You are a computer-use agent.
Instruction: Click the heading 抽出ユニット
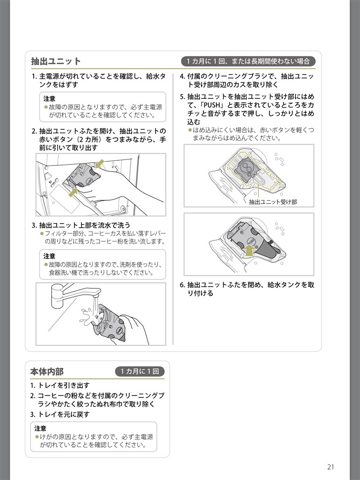coord(56,61)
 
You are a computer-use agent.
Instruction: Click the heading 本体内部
coord(47,372)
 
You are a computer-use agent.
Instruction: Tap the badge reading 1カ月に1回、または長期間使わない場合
coord(248,61)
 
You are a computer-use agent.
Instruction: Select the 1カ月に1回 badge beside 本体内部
coord(140,372)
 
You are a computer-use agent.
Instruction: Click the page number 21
coord(330,467)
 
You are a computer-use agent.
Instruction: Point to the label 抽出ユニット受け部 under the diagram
coord(273,202)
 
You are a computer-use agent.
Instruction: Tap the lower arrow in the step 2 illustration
coord(73,192)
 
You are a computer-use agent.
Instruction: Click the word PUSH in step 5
coord(212,105)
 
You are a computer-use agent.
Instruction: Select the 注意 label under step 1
coord(49,99)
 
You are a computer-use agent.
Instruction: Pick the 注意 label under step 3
coord(49,256)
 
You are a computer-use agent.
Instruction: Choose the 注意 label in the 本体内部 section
coord(40,428)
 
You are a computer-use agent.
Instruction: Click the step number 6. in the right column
coord(182,285)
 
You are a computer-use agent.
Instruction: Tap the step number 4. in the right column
coord(182,76)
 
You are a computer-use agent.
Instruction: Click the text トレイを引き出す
coord(64,385)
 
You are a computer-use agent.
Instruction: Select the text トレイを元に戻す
coord(64,414)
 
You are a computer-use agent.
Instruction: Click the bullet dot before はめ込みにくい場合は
coord(190,130)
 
